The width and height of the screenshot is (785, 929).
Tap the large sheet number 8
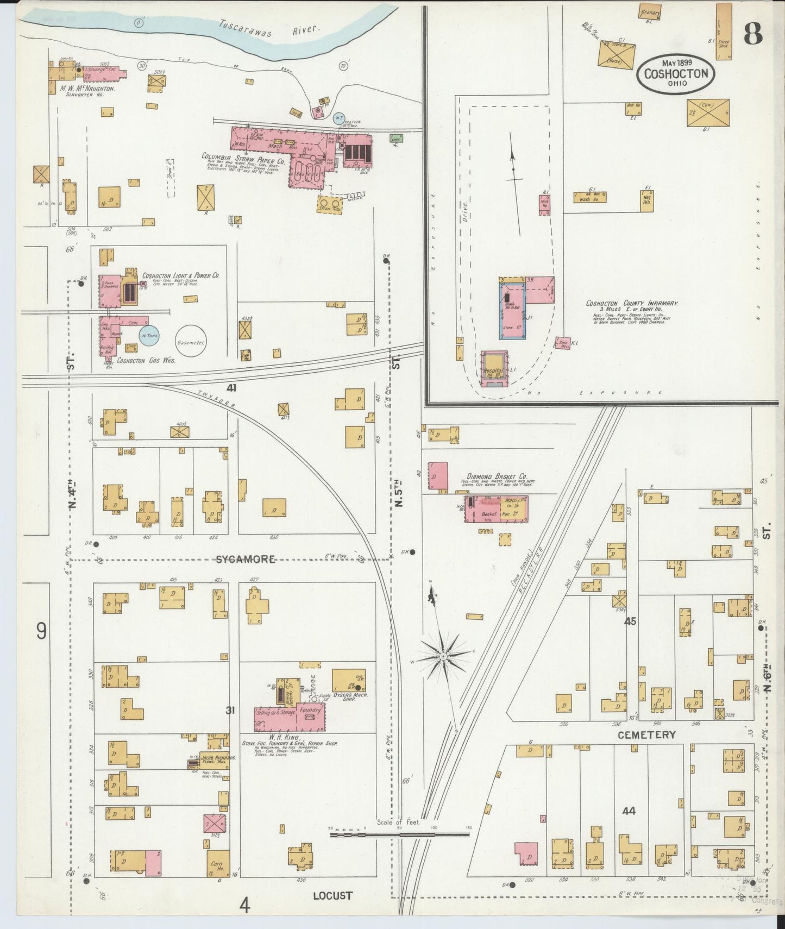point(753,34)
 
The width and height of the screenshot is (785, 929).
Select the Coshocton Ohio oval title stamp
point(676,74)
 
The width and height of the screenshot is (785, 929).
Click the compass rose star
point(444,656)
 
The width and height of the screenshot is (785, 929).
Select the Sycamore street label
point(246,560)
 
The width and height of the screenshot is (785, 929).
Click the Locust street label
point(332,895)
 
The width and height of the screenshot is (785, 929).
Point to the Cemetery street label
point(646,735)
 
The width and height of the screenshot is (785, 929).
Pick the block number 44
point(629,811)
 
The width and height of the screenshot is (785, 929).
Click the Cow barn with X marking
point(708,112)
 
